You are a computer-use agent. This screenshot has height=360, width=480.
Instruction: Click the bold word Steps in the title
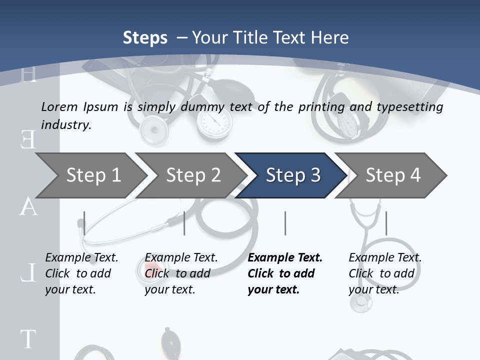pyautogui.click(x=145, y=37)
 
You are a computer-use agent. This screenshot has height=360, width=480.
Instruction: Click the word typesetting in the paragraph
pyautogui.click(x=413, y=107)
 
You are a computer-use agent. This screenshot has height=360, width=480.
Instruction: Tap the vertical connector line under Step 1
pyautogui.click(x=84, y=223)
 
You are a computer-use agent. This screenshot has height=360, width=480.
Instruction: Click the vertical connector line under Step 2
pyautogui.click(x=184, y=223)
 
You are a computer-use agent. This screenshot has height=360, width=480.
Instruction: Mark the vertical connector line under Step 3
pyautogui.click(x=285, y=223)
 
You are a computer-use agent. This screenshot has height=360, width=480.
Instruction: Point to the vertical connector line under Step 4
pyautogui.click(x=386, y=223)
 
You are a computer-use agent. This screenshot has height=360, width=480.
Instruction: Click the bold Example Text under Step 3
pyautogui.click(x=285, y=258)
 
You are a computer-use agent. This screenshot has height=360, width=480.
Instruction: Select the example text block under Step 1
pyautogui.click(x=81, y=273)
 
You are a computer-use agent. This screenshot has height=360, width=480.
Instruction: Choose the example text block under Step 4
pyautogui.click(x=385, y=273)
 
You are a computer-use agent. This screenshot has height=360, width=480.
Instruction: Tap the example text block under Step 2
pyautogui.click(x=181, y=273)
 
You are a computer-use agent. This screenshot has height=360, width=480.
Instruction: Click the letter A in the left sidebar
pyautogui.click(x=28, y=206)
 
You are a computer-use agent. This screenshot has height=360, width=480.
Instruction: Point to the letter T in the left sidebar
pyautogui.click(x=28, y=339)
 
